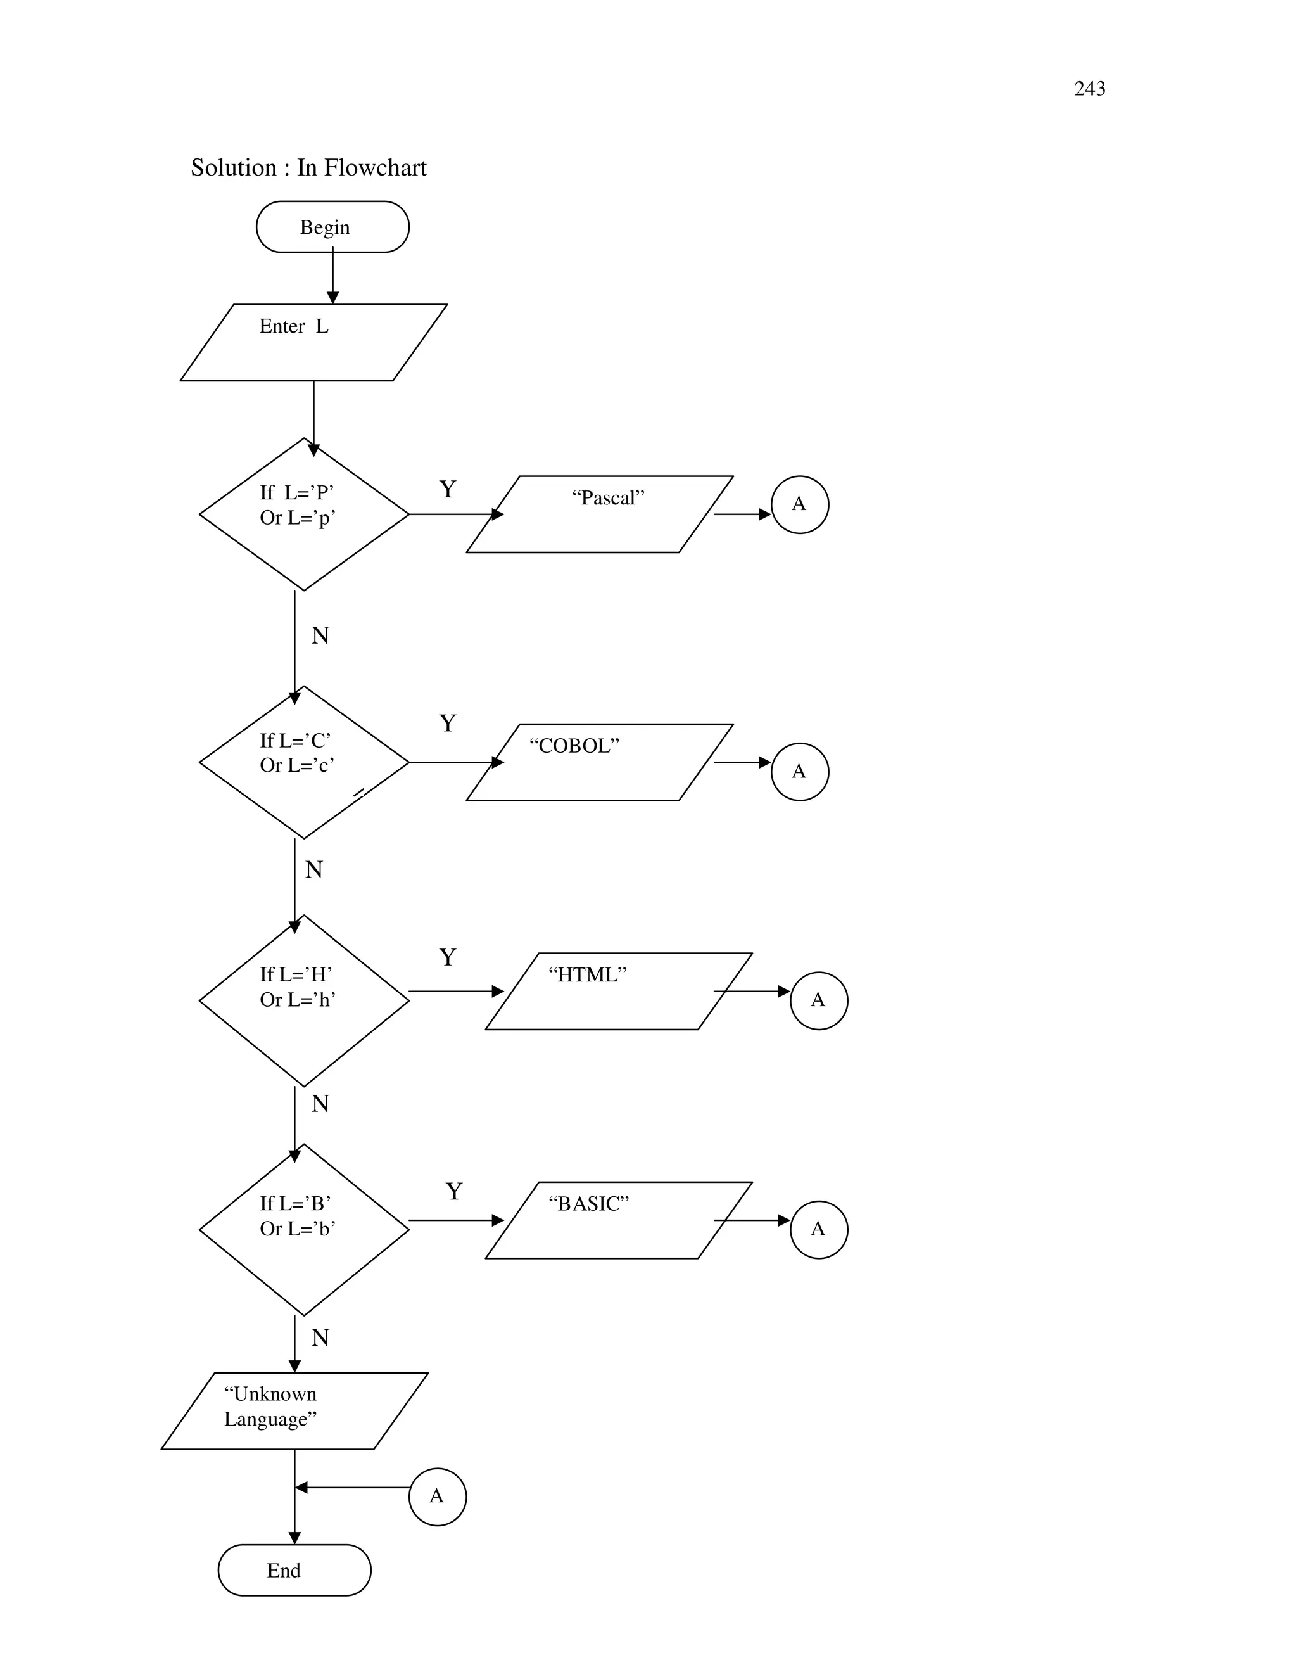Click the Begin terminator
click(x=332, y=227)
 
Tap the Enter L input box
click(x=313, y=342)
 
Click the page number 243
click(x=1089, y=89)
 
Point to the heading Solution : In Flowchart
click(x=308, y=168)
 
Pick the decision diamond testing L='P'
click(x=303, y=514)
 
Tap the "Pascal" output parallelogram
click(x=599, y=514)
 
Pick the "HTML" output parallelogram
click(x=619, y=991)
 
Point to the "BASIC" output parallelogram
click(x=619, y=1220)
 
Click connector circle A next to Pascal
click(x=799, y=504)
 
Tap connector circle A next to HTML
click(x=818, y=1000)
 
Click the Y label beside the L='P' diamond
click(x=447, y=489)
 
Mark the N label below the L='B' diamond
click(x=320, y=1337)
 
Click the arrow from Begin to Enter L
click(x=332, y=277)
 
